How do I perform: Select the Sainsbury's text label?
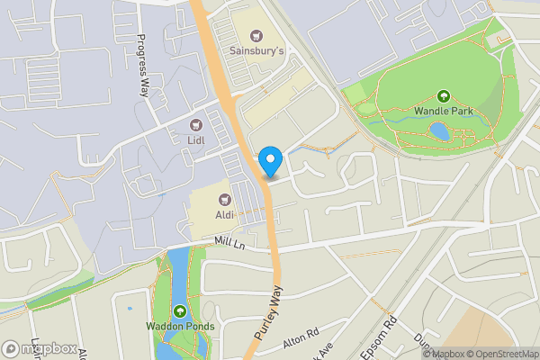click(x=256, y=51)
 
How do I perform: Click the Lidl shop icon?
click(x=196, y=123)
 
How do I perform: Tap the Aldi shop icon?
click(x=225, y=200)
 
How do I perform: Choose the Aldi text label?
click(x=225, y=216)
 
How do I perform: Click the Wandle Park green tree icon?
click(x=443, y=96)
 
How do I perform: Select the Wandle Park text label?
click(x=443, y=112)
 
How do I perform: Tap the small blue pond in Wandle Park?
click(x=439, y=132)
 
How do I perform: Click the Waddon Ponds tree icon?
click(x=179, y=311)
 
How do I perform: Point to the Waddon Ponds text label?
click(x=179, y=327)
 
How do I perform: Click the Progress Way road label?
click(x=142, y=65)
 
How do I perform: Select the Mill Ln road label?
click(x=230, y=242)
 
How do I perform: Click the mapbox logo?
click(x=38, y=348)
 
